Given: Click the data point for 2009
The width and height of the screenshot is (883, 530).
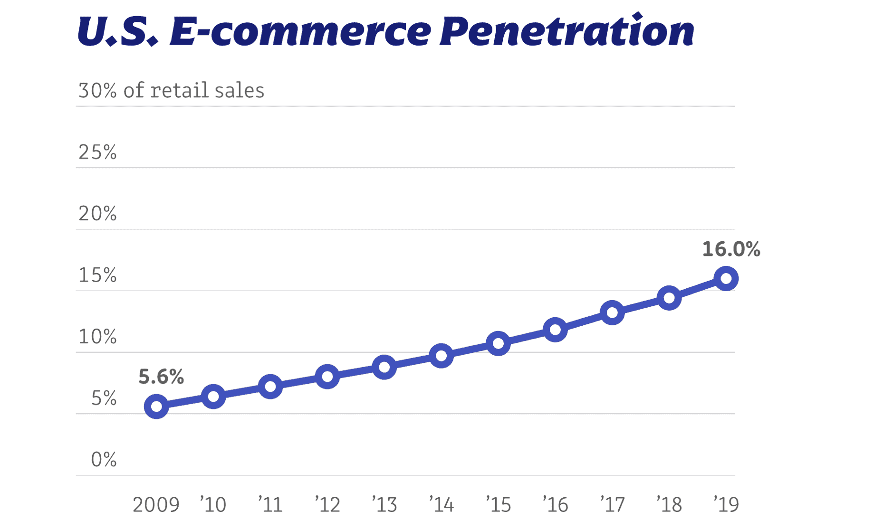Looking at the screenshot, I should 156,407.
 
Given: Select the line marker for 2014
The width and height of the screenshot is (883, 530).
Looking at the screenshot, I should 441,356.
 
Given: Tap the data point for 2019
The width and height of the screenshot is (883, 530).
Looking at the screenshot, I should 726,278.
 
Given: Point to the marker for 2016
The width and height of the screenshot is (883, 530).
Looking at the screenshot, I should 555,330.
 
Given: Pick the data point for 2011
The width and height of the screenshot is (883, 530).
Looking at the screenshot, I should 270,387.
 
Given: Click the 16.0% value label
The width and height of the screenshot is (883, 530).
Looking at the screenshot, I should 731,249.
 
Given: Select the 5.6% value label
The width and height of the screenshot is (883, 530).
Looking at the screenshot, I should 161,377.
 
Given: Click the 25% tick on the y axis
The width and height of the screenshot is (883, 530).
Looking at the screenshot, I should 97,152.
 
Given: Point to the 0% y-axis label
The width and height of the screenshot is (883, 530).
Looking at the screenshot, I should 104,460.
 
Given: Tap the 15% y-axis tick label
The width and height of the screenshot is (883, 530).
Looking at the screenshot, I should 97,275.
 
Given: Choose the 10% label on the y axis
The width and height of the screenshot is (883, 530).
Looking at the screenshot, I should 97,337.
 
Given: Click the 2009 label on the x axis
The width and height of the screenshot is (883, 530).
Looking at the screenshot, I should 156,505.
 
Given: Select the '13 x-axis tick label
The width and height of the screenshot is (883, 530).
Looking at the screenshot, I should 384,505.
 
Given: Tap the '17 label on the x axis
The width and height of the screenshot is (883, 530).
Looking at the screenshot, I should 612,505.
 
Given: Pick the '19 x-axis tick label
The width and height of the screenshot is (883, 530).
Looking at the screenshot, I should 726,505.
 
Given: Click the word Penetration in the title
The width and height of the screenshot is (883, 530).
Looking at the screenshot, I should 566,31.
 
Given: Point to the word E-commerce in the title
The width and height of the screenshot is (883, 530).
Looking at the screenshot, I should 300,31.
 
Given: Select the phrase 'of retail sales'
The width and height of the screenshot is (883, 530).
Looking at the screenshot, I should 193,90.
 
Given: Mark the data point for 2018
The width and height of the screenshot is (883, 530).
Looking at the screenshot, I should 669,298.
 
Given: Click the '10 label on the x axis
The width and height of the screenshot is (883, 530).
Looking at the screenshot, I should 213,505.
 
